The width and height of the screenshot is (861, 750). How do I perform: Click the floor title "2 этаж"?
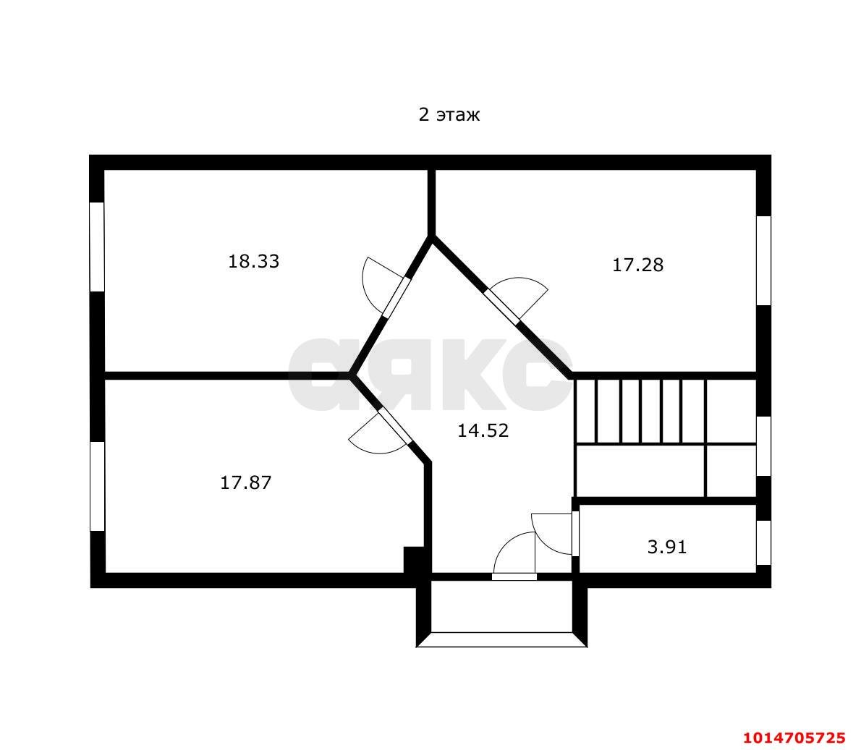pyautogui.click(x=449, y=115)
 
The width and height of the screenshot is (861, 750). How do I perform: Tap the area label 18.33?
pyautogui.click(x=254, y=261)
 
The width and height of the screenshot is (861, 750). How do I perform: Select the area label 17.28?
pyautogui.click(x=638, y=265)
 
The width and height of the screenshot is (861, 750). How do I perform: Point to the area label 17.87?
pyautogui.click(x=246, y=482)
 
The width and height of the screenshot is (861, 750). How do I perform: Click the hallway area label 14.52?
pyautogui.click(x=483, y=430)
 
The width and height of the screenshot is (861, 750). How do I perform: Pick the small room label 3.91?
pyautogui.click(x=667, y=547)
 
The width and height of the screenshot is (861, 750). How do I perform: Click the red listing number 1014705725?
pyautogui.click(x=794, y=737)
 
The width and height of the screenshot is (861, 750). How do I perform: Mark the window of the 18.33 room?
pyautogui.click(x=97, y=247)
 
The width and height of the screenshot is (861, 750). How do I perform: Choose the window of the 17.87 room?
pyautogui.click(x=97, y=487)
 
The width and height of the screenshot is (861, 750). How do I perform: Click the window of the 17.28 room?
pyautogui.click(x=764, y=260)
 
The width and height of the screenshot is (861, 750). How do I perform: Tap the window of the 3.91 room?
pyautogui.click(x=764, y=542)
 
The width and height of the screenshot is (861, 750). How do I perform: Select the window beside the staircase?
pyautogui.click(x=764, y=446)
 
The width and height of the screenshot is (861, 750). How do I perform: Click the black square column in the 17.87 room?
pyautogui.click(x=414, y=560)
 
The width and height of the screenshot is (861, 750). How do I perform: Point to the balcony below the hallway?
pyautogui.click(x=502, y=611)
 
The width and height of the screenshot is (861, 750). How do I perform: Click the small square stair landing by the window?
pyautogui.click(x=731, y=470)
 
